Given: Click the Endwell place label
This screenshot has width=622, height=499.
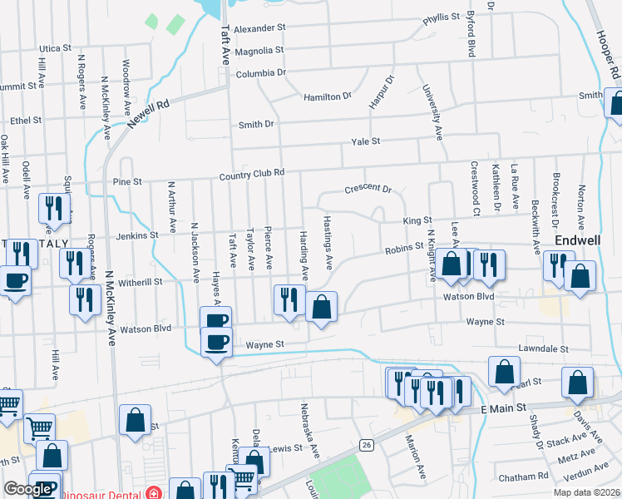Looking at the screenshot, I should [573, 240].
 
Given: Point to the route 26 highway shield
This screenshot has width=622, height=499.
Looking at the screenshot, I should [366, 445].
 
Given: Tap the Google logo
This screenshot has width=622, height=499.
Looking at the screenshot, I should [27, 490].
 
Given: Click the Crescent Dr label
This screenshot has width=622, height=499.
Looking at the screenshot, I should [367, 189].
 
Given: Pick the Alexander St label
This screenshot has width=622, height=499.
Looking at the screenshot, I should [259, 28].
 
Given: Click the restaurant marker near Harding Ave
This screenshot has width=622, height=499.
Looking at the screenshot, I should [289, 300].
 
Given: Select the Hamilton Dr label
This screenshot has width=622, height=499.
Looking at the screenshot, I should [328, 97].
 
